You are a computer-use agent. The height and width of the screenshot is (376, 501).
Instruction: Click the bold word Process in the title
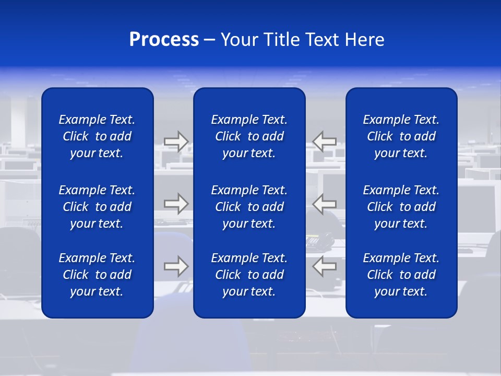click(x=164, y=40)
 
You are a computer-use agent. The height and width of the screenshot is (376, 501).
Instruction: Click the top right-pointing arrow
click(x=176, y=141)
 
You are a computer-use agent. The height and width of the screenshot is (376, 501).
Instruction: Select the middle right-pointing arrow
click(x=176, y=204)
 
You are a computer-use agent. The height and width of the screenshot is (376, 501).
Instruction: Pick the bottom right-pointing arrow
click(x=176, y=266)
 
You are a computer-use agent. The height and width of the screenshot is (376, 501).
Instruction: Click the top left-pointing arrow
click(x=324, y=141)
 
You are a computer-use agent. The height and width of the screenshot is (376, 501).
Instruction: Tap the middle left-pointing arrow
click(x=324, y=204)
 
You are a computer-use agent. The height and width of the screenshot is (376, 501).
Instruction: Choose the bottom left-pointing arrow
click(x=324, y=266)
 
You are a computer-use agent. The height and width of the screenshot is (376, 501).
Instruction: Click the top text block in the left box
click(x=97, y=136)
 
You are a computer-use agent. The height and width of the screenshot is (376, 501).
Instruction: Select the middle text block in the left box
click(x=97, y=207)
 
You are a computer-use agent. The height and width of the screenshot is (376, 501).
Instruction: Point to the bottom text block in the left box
click(x=97, y=275)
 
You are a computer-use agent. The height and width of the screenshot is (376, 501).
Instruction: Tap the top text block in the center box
click(x=249, y=136)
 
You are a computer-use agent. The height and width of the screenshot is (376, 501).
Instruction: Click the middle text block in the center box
click(x=249, y=207)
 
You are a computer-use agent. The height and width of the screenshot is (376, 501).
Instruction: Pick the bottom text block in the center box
click(x=249, y=275)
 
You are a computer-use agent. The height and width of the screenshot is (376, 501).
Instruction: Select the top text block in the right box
click(x=401, y=136)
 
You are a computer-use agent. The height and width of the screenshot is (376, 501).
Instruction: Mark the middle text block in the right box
click(x=401, y=207)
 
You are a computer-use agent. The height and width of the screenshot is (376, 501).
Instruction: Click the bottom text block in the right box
click(x=401, y=275)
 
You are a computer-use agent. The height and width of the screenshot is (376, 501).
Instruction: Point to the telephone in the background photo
click(x=319, y=240)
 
